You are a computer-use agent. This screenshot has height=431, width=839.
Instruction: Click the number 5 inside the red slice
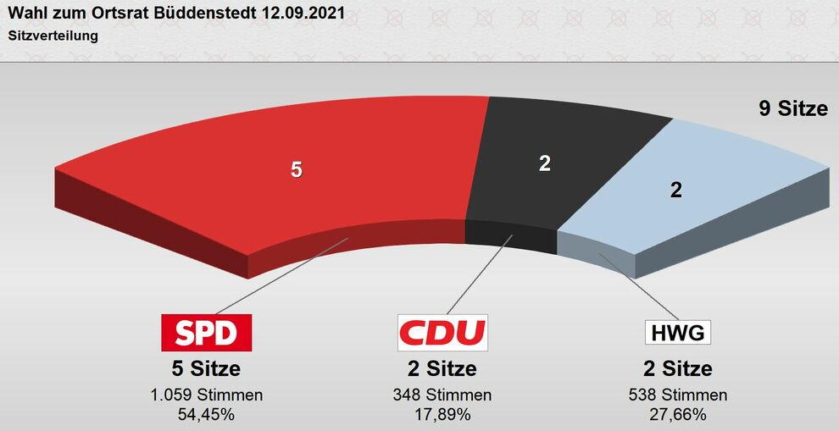pos(296,169)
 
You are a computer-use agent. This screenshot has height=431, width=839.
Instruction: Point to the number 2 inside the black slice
pos(545,163)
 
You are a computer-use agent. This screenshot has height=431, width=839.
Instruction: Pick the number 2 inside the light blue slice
pos(675,191)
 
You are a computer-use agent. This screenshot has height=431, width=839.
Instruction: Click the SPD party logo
pos(207,332)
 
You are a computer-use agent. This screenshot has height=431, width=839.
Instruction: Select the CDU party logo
pos(442,332)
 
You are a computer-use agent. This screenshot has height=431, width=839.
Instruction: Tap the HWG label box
pos(677,332)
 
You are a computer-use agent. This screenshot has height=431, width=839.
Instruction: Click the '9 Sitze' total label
pos(792,108)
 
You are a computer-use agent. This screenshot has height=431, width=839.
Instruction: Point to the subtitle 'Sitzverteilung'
pos(53,36)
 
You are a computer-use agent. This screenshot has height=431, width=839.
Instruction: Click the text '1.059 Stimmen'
pos(207,395)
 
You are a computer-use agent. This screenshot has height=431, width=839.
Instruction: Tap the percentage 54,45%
pos(207,414)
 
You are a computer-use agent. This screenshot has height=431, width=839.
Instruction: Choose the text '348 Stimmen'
pos(442,395)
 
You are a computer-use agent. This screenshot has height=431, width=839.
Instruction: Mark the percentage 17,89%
pos(442,414)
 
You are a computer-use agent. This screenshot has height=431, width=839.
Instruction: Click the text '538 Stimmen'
pos(677,395)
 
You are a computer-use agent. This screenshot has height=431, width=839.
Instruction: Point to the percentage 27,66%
pos(677,414)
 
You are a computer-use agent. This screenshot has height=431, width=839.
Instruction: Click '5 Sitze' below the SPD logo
pos(207,369)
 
